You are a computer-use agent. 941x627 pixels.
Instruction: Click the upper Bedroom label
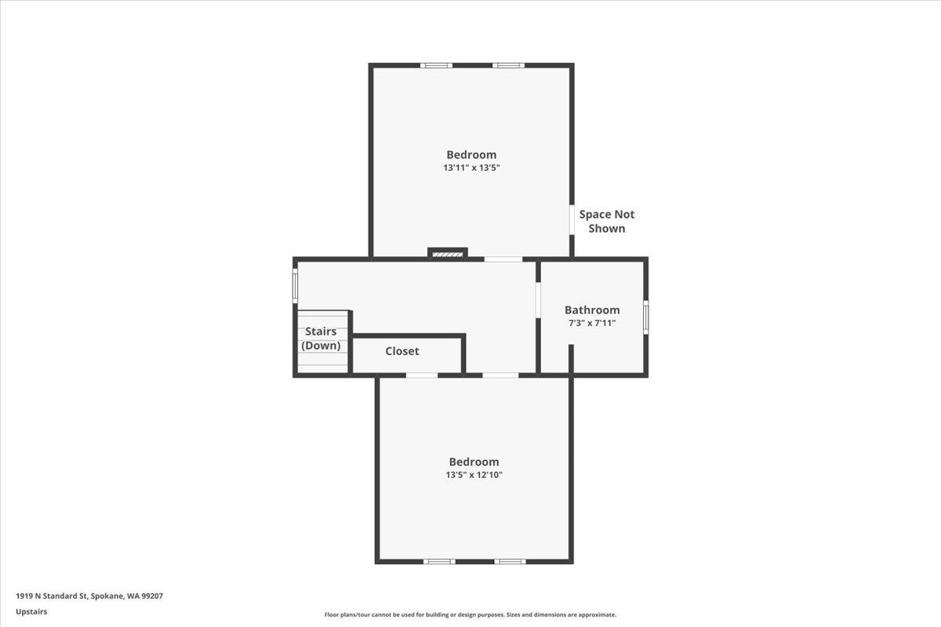tap(471, 154)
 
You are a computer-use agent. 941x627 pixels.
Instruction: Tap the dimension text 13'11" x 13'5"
tap(471, 168)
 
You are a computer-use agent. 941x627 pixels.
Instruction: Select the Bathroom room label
tap(592, 310)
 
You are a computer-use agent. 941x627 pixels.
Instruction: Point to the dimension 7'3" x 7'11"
tap(592, 323)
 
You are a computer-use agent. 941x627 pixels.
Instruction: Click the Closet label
tap(402, 351)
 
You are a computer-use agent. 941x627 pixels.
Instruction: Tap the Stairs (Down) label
tap(321, 339)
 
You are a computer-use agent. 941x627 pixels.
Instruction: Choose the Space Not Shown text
tap(607, 221)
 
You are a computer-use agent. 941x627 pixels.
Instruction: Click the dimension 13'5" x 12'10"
tap(474, 475)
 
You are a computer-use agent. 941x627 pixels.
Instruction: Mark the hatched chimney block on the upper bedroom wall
tap(448, 254)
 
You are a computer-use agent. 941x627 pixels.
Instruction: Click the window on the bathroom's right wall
tap(646, 317)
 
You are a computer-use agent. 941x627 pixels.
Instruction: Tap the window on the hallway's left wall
tap(296, 285)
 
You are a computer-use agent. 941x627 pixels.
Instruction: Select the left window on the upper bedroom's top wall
tap(436, 65)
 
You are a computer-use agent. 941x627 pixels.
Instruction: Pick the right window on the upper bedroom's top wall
tap(508, 65)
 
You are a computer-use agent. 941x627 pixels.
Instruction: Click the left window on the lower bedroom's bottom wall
tap(439, 561)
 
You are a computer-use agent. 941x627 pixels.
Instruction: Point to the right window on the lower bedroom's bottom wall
tap(510, 561)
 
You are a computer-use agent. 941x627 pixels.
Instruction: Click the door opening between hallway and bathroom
tap(538, 300)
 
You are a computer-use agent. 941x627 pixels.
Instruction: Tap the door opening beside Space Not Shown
tap(572, 220)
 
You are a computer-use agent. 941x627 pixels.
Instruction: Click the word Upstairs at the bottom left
tap(31, 611)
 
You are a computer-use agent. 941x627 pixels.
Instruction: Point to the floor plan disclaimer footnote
tap(470, 614)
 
